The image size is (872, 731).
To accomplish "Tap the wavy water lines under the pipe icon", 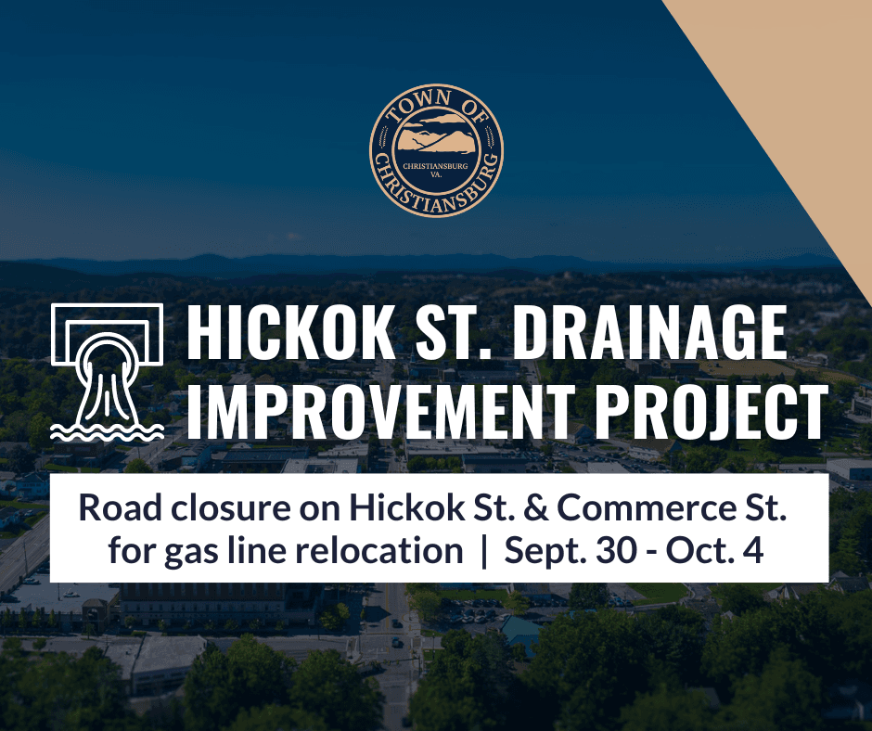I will pyautogui.click(x=108, y=430).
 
